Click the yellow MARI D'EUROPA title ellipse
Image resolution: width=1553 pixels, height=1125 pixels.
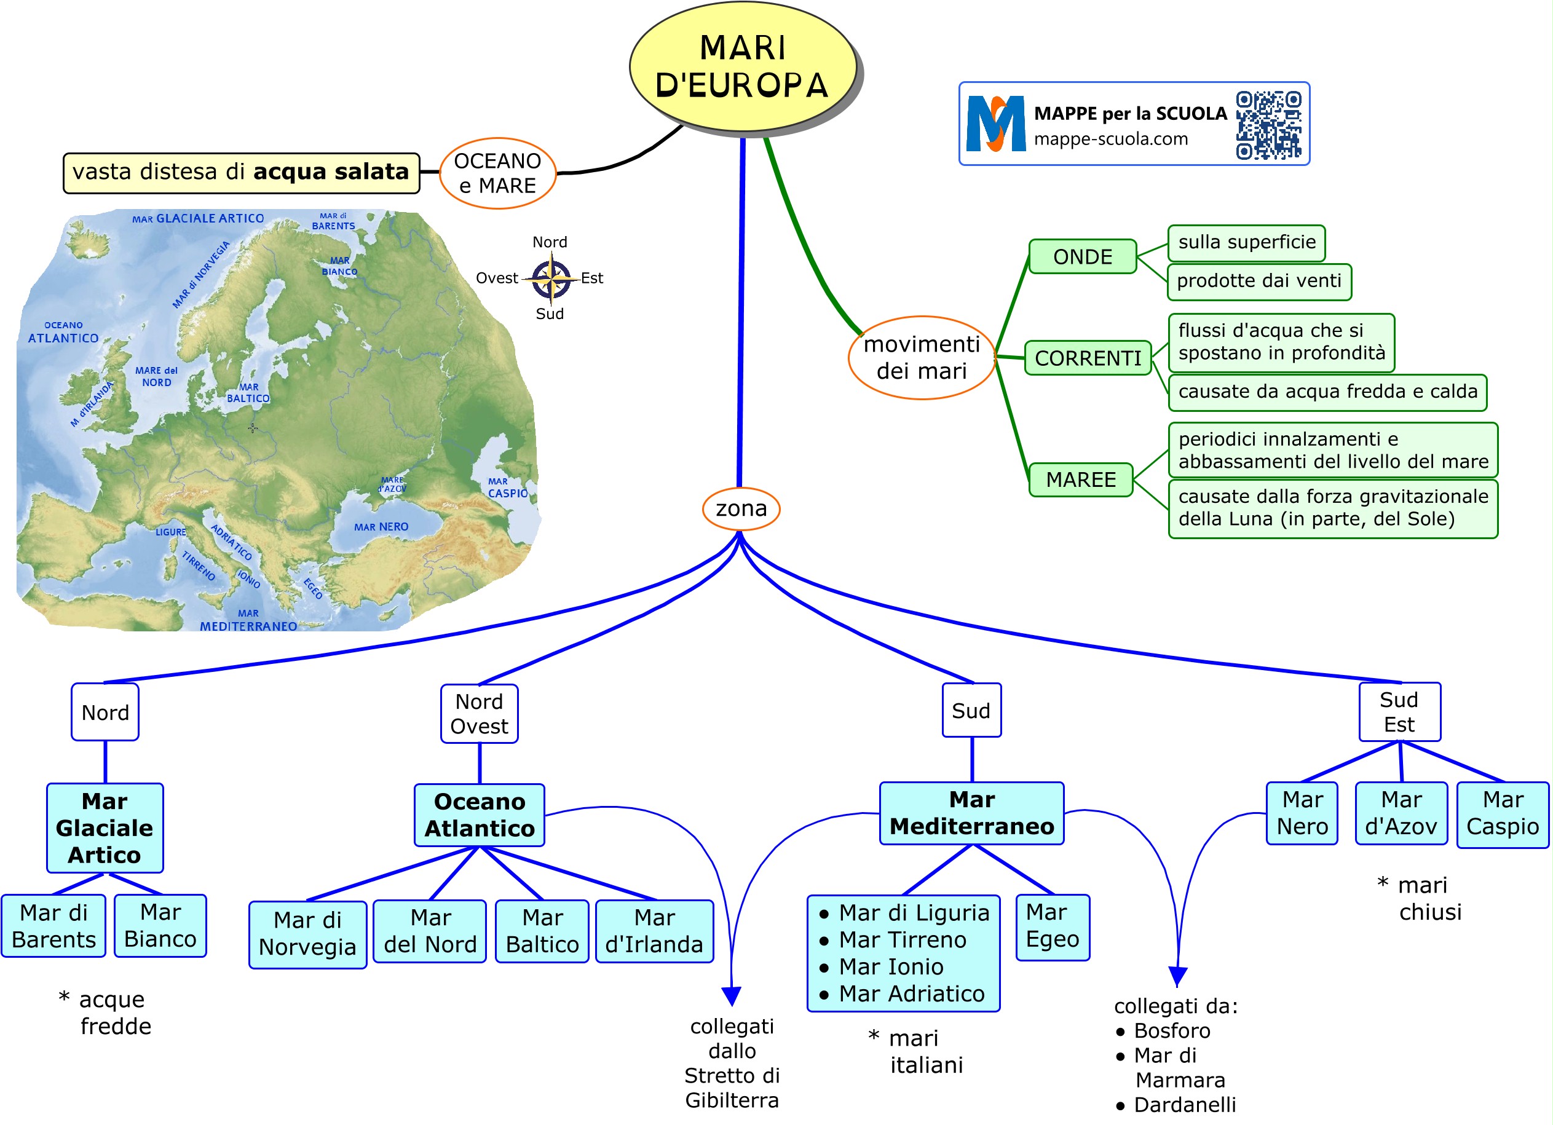tap(742, 66)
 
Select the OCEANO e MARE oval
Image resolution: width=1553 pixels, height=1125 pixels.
tap(497, 173)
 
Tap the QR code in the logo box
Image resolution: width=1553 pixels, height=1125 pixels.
tap(1268, 125)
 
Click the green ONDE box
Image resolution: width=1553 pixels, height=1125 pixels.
tap(1082, 257)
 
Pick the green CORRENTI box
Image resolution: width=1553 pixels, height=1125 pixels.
tap(1088, 358)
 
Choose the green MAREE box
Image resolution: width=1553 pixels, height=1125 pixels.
tap(1081, 480)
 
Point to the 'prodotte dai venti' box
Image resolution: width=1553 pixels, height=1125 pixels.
tap(1259, 282)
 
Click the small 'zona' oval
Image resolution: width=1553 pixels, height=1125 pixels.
tap(741, 509)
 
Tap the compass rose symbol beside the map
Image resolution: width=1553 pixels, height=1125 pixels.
tap(551, 278)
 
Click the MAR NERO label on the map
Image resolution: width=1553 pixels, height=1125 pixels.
tap(381, 527)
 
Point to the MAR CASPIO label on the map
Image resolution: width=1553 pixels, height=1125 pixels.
tap(507, 488)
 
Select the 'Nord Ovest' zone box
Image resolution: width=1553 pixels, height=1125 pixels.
tap(479, 714)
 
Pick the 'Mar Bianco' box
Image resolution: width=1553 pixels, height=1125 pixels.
tap(160, 925)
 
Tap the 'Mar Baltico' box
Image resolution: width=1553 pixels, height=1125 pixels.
tap(542, 931)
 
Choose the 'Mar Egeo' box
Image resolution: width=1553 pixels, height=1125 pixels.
tap(1052, 926)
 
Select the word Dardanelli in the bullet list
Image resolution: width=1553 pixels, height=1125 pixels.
tap(1185, 1105)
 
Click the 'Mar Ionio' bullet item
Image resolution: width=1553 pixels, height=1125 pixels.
tap(891, 966)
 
